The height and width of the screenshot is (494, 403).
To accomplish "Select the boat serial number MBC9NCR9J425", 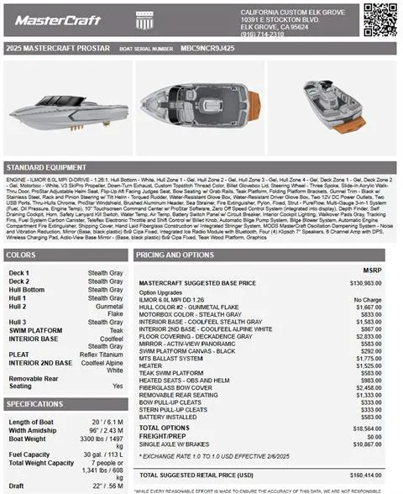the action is [208, 49].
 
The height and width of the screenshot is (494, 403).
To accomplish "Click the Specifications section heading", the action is [35, 404].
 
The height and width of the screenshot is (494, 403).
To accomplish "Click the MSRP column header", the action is [369, 270].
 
